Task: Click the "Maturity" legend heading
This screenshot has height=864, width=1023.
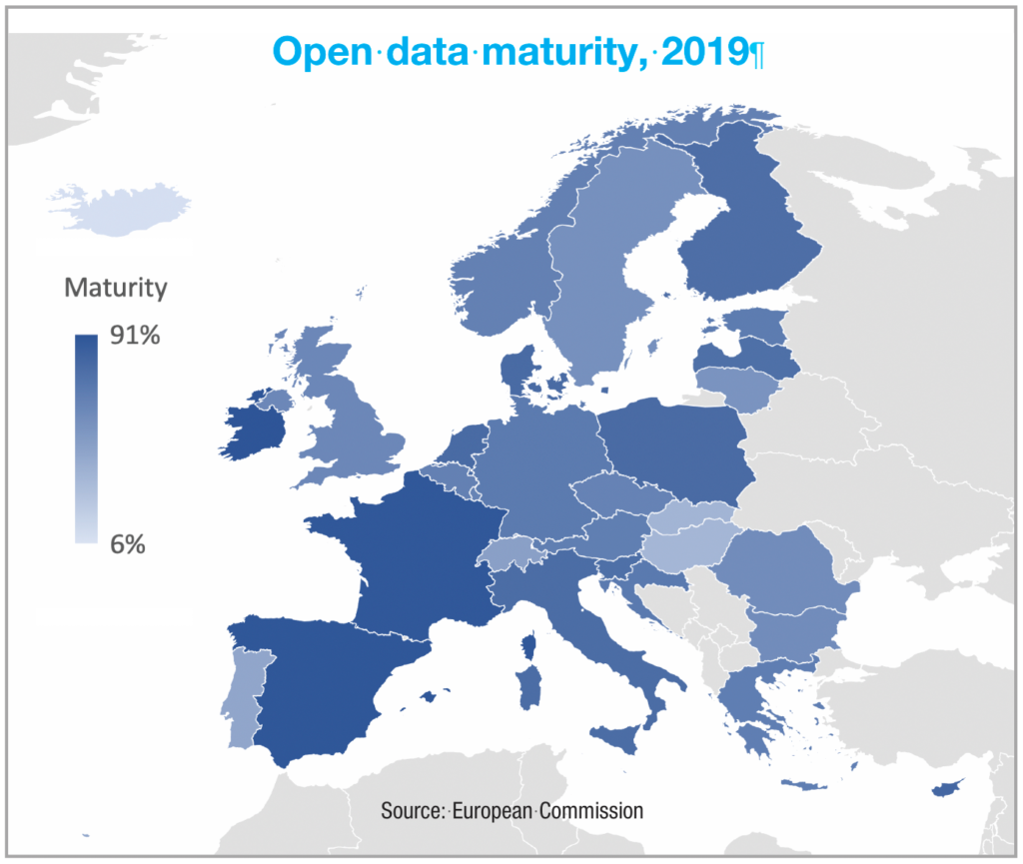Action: click(x=115, y=289)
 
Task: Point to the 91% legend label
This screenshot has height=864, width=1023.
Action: click(x=135, y=337)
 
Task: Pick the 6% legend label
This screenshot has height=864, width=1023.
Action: click(x=127, y=544)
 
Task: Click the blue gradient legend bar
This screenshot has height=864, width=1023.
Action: click(x=86, y=438)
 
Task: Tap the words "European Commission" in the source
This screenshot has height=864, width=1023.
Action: click(x=547, y=809)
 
